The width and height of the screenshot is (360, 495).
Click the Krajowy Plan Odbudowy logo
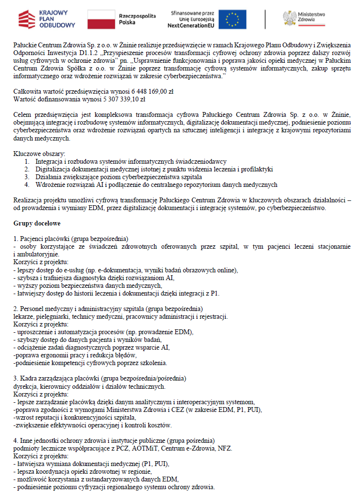pyautogui.click(x=47, y=19)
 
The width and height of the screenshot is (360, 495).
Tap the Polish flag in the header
pyautogui.click(x=101, y=19)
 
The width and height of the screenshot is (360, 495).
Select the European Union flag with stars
pyautogui.click(x=232, y=19)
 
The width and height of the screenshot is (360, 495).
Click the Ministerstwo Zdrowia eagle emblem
pyautogui.click(x=289, y=18)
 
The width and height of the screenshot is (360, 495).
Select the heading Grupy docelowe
pyautogui.click(x=36, y=224)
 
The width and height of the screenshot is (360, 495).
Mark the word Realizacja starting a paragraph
pyautogui.click(x=29, y=200)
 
